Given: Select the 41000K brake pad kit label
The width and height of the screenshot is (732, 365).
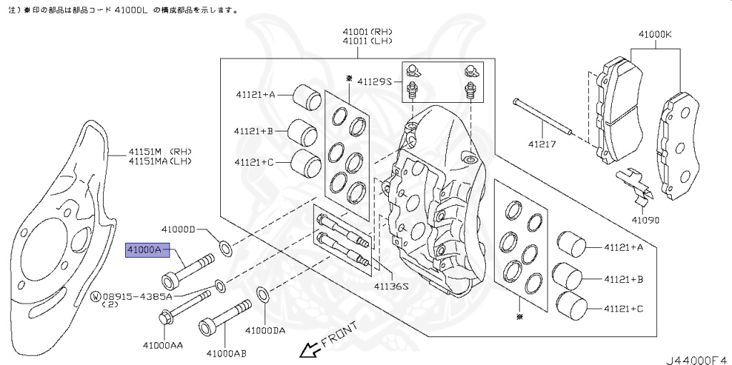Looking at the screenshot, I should click(655, 33).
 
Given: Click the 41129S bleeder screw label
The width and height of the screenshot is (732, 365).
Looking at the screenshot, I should click(375, 81).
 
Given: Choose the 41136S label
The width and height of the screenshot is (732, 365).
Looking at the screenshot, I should click(390, 286).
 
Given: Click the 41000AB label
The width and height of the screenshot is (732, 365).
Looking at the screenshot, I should click(227, 352).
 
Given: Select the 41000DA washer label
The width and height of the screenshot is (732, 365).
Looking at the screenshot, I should click(265, 331).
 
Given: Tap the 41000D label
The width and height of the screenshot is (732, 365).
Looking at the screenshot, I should click(178, 229).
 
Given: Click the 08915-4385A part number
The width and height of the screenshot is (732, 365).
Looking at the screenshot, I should click(137, 295).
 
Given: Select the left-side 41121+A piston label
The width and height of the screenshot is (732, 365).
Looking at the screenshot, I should click(254, 94).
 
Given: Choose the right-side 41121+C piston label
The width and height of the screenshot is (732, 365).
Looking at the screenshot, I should click(623, 309).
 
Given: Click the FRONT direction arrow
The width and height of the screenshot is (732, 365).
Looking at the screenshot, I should click(310, 349).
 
